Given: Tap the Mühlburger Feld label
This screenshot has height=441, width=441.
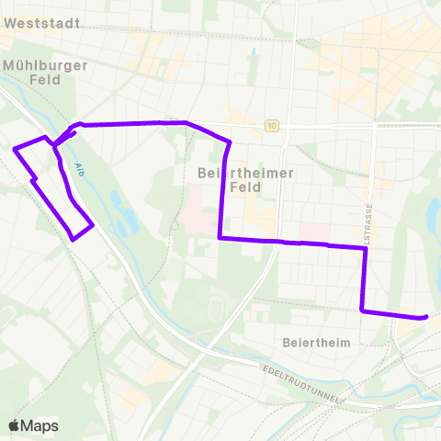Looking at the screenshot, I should pyautogui.click(x=45, y=73).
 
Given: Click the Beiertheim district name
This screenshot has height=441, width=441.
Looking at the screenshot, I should pyautogui.click(x=312, y=342).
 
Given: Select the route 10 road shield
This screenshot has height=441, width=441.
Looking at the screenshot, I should pyautogui.click(x=272, y=127).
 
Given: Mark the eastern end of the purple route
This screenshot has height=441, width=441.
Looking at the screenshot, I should pyautogui.click(x=425, y=317).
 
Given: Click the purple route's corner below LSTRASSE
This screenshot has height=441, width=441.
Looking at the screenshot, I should pyautogui.click(x=364, y=311).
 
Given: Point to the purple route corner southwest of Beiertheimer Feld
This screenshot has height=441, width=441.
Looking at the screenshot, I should pyautogui.click(x=220, y=238).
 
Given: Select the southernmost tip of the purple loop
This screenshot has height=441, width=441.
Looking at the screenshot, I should pyautogui.click(x=73, y=239).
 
